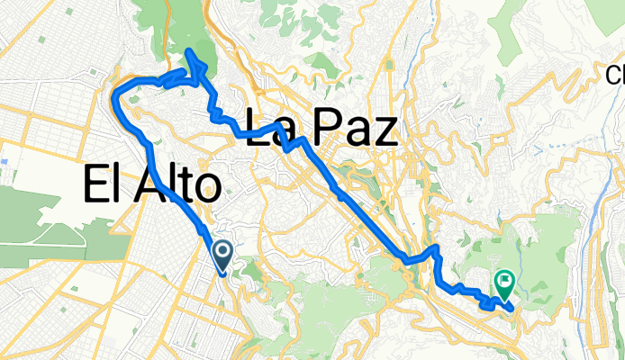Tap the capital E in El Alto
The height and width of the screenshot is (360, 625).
pos(95,185)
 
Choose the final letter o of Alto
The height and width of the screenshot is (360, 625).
pos(206,189)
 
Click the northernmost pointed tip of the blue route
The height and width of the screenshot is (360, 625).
pos(188,50)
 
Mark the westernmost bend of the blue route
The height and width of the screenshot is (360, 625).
pos(112,94)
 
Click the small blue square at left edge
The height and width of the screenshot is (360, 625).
pos(5,163)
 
